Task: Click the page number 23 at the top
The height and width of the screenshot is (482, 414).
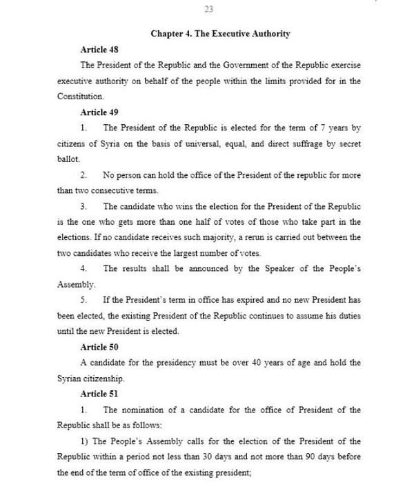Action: [x=209, y=9]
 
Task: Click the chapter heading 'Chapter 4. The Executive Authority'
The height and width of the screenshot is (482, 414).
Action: [x=219, y=33]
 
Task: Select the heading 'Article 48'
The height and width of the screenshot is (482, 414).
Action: [x=94, y=50]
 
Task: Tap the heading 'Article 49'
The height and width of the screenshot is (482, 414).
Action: [x=94, y=112]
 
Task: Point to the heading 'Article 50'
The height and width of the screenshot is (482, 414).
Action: [x=94, y=347]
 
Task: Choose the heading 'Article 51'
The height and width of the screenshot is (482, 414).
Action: [x=94, y=394]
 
